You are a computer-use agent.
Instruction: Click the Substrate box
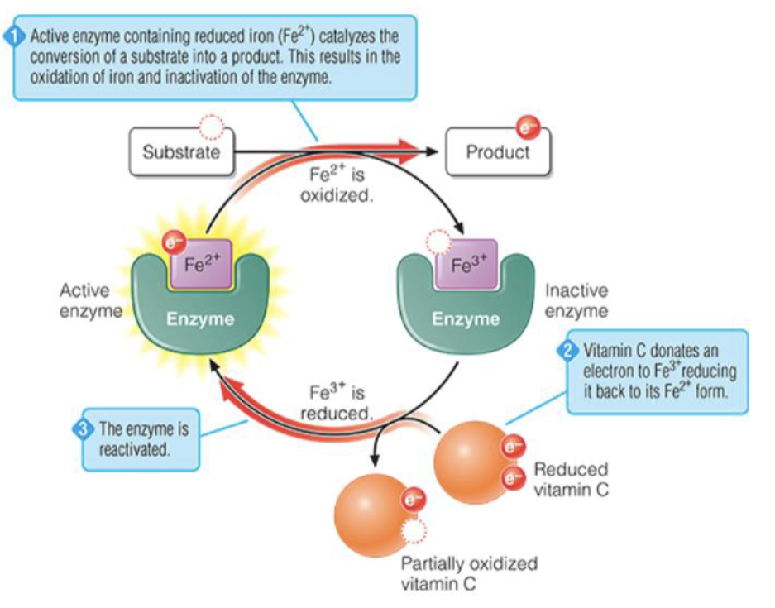coord(181,152)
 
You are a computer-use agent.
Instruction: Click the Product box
coord(497,152)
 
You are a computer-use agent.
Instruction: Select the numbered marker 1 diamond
coord(14,37)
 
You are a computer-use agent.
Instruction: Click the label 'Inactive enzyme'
coord(576,301)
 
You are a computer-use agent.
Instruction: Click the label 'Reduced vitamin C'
coord(572,479)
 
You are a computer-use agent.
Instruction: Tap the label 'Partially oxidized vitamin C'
coord(469,573)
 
